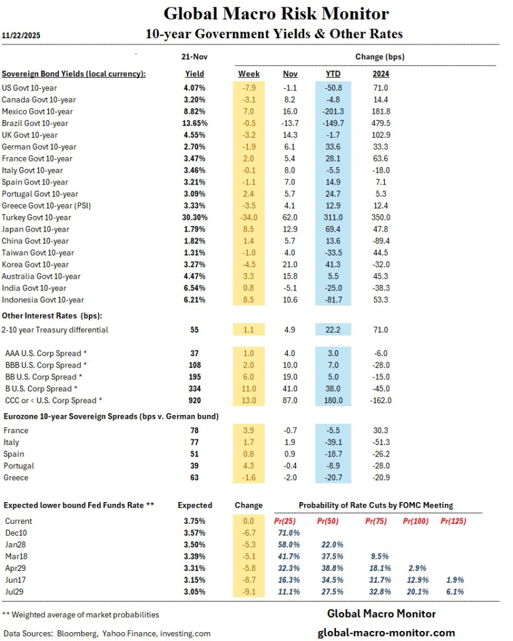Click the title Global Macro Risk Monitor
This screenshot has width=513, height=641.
coord(275,14)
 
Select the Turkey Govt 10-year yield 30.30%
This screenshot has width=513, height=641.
coord(194,217)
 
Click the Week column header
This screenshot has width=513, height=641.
coord(249,74)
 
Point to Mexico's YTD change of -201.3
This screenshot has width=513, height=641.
coord(333,111)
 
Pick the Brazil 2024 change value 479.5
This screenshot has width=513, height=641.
coord(381,123)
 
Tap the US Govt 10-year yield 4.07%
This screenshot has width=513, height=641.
coord(195,88)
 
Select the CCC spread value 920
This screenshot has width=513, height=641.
coord(195,401)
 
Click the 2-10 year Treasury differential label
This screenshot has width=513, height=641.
coord(56,330)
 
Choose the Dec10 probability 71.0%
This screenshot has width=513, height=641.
coord(288,533)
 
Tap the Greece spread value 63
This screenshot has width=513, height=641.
coord(195,478)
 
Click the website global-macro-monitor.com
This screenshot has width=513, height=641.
coord(386,632)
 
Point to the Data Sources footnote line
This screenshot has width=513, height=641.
coord(107,633)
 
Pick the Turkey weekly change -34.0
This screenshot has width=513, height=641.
coord(249,217)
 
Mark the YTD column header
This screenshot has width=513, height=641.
coord(333,74)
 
